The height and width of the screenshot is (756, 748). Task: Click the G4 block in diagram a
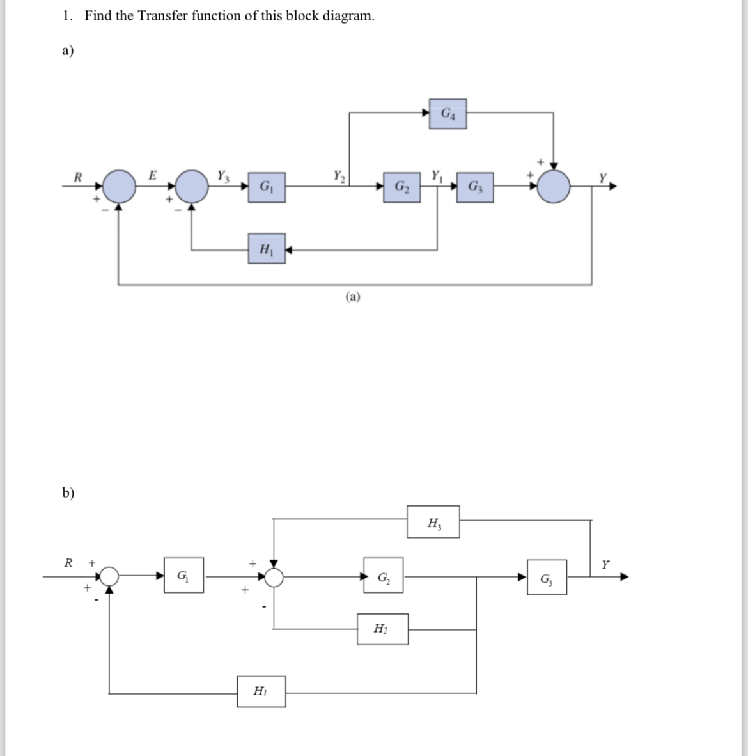tap(448, 114)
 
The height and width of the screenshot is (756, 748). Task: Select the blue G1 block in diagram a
tap(267, 187)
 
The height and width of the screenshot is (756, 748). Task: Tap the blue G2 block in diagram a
tap(402, 187)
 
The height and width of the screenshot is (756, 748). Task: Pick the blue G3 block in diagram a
tap(475, 187)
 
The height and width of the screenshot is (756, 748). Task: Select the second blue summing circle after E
tap(192, 186)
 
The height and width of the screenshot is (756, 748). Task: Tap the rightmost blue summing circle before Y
tap(554, 187)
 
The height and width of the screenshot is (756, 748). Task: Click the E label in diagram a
tap(152, 175)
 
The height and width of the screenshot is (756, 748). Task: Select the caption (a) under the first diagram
tap(353, 296)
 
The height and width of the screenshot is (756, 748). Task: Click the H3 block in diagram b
tap(433, 522)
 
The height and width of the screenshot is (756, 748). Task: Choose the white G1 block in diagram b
tap(183, 576)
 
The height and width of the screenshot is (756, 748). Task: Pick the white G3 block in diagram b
tap(547, 578)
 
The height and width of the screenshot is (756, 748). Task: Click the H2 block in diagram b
tap(382, 629)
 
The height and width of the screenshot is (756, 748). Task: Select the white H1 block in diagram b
tap(261, 691)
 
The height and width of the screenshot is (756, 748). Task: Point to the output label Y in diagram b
tap(605, 564)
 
